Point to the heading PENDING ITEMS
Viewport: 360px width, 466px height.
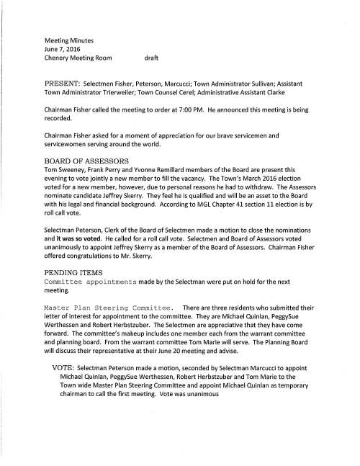tap(70, 272)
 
